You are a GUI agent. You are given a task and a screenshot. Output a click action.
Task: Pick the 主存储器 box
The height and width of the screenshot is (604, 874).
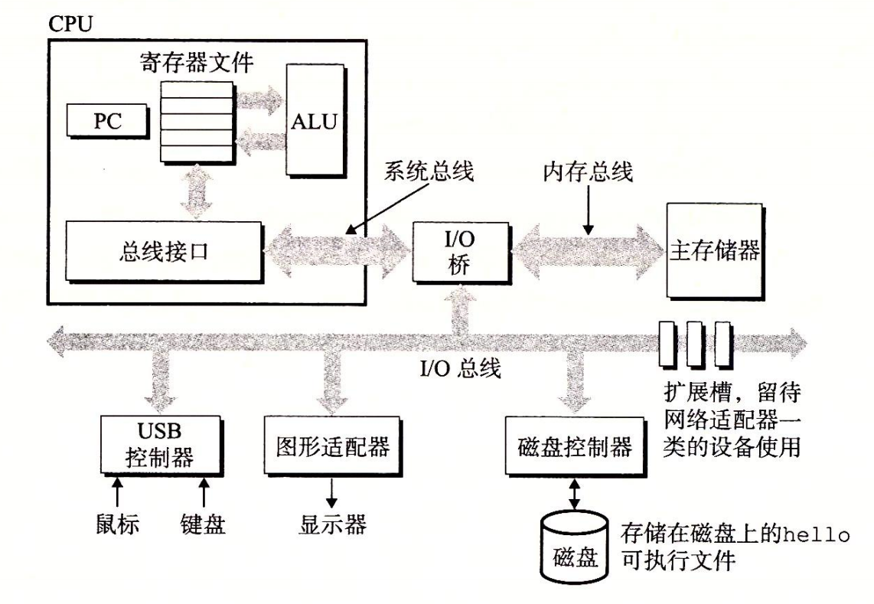[x=714, y=250]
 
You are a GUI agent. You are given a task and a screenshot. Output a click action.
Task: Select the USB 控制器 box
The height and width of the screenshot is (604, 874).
[x=159, y=444]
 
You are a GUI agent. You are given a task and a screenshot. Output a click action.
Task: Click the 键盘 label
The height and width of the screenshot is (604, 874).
[x=203, y=526]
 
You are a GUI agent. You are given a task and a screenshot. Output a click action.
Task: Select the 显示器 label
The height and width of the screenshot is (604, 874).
[x=332, y=525]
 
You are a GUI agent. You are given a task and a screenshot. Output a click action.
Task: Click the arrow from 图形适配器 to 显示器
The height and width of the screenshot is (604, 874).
[x=332, y=491]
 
